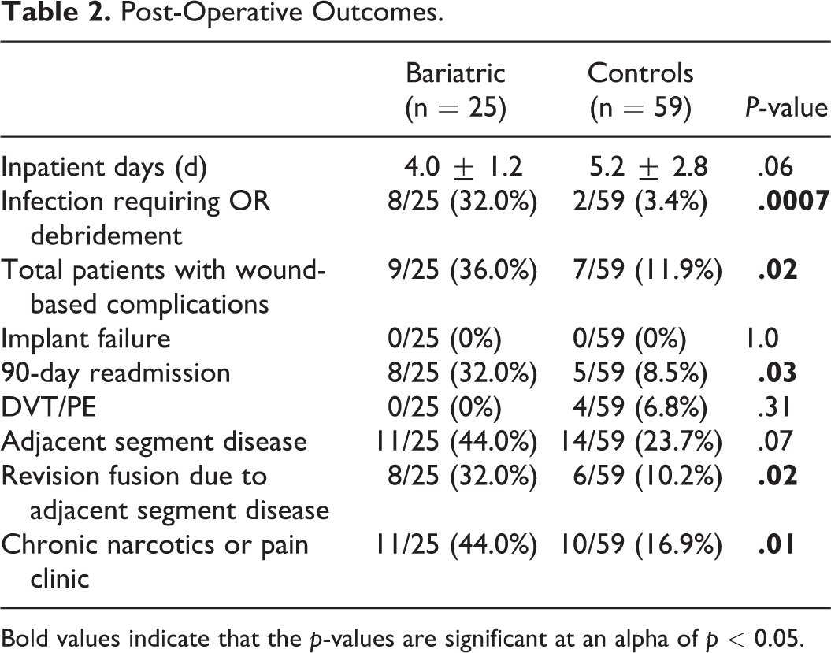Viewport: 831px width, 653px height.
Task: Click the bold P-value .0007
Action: point(793,201)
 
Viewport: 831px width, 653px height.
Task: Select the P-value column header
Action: point(786,108)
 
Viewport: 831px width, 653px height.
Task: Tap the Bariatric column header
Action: point(456,90)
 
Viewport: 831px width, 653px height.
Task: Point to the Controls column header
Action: point(640,90)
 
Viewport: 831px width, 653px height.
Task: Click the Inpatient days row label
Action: point(104,168)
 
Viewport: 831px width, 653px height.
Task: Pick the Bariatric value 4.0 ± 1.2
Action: point(463,166)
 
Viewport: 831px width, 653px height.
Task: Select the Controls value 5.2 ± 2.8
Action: point(649,166)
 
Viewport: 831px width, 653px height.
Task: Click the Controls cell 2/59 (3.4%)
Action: point(640,202)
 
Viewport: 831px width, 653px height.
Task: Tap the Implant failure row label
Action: point(86,338)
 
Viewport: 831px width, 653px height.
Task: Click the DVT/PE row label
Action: point(49,407)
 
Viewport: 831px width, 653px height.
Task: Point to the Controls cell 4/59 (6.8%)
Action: point(640,407)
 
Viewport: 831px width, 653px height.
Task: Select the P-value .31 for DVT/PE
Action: point(775,407)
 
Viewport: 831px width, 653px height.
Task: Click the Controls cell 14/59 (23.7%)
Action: point(641,441)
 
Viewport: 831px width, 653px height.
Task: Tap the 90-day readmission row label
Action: point(116,373)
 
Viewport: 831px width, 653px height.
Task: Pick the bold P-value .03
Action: point(777,373)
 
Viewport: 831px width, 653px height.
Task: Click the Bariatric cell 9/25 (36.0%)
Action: point(462,270)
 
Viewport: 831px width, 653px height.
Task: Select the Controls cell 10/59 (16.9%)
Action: point(641,544)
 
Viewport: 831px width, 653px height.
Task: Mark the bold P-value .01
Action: point(777,544)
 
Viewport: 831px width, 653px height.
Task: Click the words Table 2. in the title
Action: point(56,13)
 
